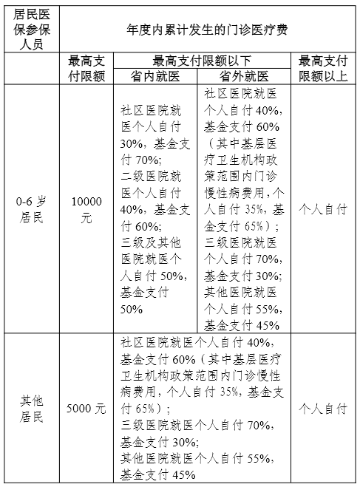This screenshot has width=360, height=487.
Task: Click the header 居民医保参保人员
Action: pyautogui.click(x=30, y=28)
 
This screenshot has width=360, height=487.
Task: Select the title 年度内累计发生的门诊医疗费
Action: pyautogui.click(x=206, y=29)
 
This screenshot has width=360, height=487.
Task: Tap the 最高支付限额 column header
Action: pyautogui.click(x=86, y=68)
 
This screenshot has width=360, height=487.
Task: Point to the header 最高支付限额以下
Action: pyautogui.click(x=202, y=61)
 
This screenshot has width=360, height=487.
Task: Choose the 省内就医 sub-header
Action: pyautogui.click(x=155, y=76)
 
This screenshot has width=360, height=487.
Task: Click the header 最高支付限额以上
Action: pyautogui.click(x=322, y=68)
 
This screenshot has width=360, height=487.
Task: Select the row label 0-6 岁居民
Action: pyautogui.click(x=30, y=209)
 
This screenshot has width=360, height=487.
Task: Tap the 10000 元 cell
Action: pyautogui.click(x=86, y=209)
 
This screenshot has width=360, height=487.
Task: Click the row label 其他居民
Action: pyautogui.click(x=30, y=409)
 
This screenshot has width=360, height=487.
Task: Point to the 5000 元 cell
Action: pyautogui.click(x=86, y=409)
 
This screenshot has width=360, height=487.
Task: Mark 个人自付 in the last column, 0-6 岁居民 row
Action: pyautogui.click(x=322, y=209)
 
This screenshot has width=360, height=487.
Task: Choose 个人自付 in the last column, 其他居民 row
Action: pyautogui.click(x=322, y=409)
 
